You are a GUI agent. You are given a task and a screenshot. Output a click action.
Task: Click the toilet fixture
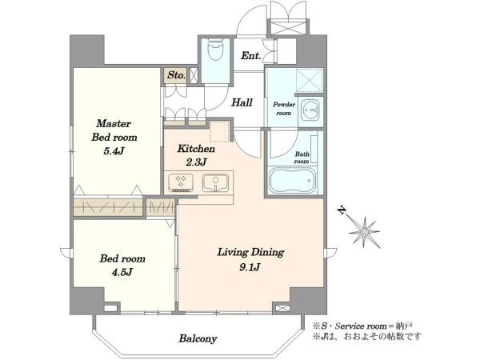[215, 49]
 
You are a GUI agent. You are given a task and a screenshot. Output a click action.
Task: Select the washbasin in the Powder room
[310, 110]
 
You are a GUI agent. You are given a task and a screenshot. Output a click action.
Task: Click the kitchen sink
[215, 182]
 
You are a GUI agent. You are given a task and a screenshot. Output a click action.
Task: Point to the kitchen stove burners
[181, 182]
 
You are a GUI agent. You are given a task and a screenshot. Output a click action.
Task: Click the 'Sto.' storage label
[177, 75]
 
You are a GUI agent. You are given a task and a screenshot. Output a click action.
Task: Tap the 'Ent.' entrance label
[251, 56]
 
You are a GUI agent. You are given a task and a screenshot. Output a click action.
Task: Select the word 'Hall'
[242, 102]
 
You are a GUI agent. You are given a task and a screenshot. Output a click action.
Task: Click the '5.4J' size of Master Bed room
[114, 150]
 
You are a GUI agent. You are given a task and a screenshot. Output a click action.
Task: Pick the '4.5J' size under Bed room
[122, 272]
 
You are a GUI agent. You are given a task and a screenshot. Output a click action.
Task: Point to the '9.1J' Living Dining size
[250, 267]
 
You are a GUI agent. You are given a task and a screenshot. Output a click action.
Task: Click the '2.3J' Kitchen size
[196, 162]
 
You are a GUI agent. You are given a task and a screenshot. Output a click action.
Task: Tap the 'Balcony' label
[198, 338]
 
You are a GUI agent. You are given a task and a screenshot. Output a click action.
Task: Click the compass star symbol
[364, 232]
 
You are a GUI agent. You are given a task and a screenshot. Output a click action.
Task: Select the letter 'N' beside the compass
[342, 210]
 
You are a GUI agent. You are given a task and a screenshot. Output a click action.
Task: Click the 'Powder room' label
[284, 109]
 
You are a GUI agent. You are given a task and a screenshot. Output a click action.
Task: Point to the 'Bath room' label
[302, 158]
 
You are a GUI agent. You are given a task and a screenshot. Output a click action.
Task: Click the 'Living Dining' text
[250, 253]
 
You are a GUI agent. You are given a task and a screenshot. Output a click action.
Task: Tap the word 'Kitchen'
[196, 149]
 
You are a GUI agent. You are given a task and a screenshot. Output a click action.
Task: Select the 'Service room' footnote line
[363, 326]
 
